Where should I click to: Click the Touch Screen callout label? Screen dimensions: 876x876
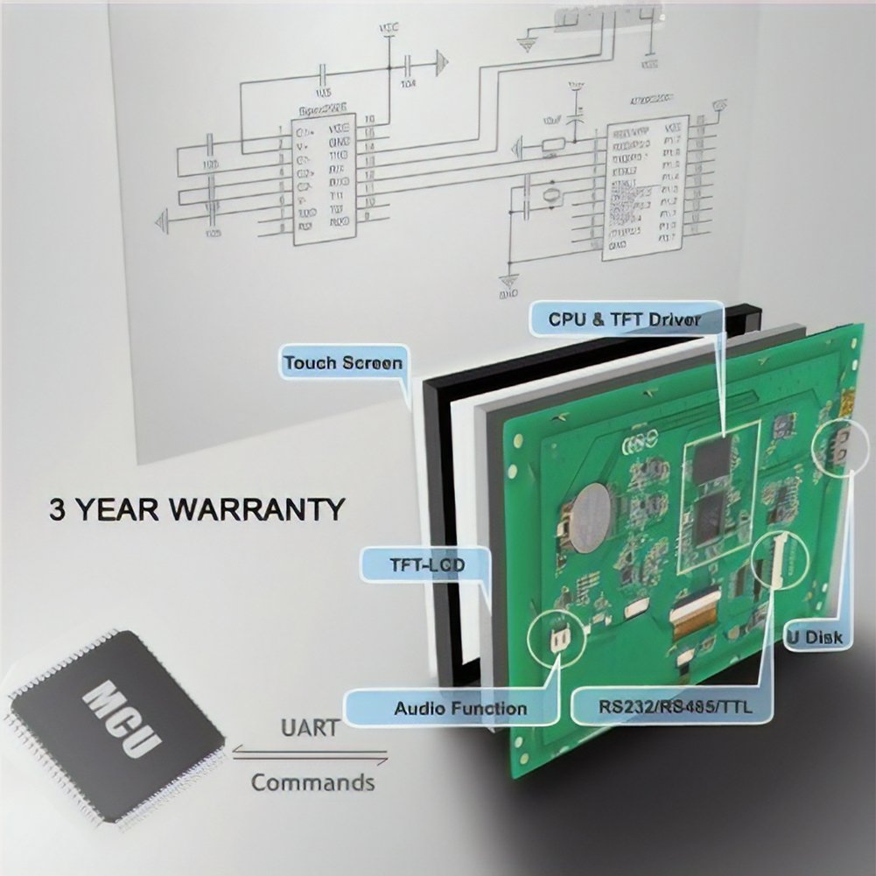click(343, 362)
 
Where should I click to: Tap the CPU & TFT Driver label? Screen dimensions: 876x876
click(624, 319)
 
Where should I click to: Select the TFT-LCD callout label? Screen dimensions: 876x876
click(426, 565)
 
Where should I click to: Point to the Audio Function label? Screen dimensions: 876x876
click(460, 708)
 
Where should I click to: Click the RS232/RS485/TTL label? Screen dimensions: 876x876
click(662, 705)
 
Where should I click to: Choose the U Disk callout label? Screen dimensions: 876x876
click(814, 637)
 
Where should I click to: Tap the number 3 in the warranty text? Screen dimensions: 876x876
click(58, 509)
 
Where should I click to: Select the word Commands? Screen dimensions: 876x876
click(312, 781)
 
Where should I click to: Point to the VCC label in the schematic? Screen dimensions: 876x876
click(388, 28)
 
